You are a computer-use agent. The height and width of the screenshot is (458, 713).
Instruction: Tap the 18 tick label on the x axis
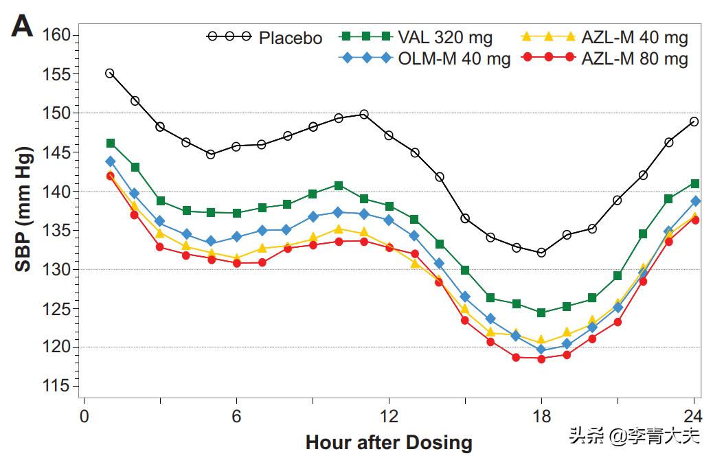[541, 417]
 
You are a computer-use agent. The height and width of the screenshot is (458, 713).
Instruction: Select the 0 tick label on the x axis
[84, 417]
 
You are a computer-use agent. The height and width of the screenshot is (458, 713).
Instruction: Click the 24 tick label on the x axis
[693, 417]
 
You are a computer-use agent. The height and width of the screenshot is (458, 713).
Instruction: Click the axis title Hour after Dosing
[389, 442]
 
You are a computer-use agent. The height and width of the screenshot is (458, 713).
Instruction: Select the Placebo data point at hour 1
[110, 73]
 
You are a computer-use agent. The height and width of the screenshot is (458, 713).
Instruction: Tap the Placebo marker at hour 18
[541, 253]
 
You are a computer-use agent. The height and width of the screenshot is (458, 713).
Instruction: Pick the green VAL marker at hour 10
[339, 185]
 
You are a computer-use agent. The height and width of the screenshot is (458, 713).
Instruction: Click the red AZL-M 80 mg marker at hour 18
[541, 358]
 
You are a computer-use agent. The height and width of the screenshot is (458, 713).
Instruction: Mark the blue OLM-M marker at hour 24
[695, 201]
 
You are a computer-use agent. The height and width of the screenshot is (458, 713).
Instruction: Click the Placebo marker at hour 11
[364, 114]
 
